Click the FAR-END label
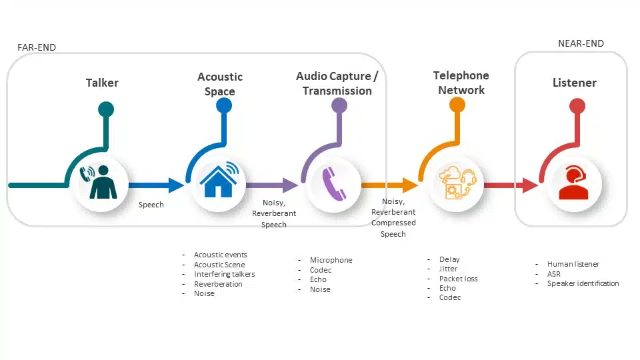(x=37, y=47)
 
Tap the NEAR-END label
(x=581, y=44)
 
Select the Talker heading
(x=102, y=83)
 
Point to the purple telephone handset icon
(x=335, y=183)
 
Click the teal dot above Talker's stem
(x=105, y=109)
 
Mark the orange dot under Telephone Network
(x=457, y=105)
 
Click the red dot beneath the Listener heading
(x=577, y=105)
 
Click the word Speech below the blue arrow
(x=151, y=205)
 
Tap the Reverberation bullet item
(x=218, y=284)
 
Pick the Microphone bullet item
(x=331, y=260)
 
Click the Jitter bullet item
(x=449, y=269)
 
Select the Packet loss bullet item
(x=458, y=279)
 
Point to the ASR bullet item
(x=554, y=274)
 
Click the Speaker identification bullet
(x=583, y=283)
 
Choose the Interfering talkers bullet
(x=224, y=274)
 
